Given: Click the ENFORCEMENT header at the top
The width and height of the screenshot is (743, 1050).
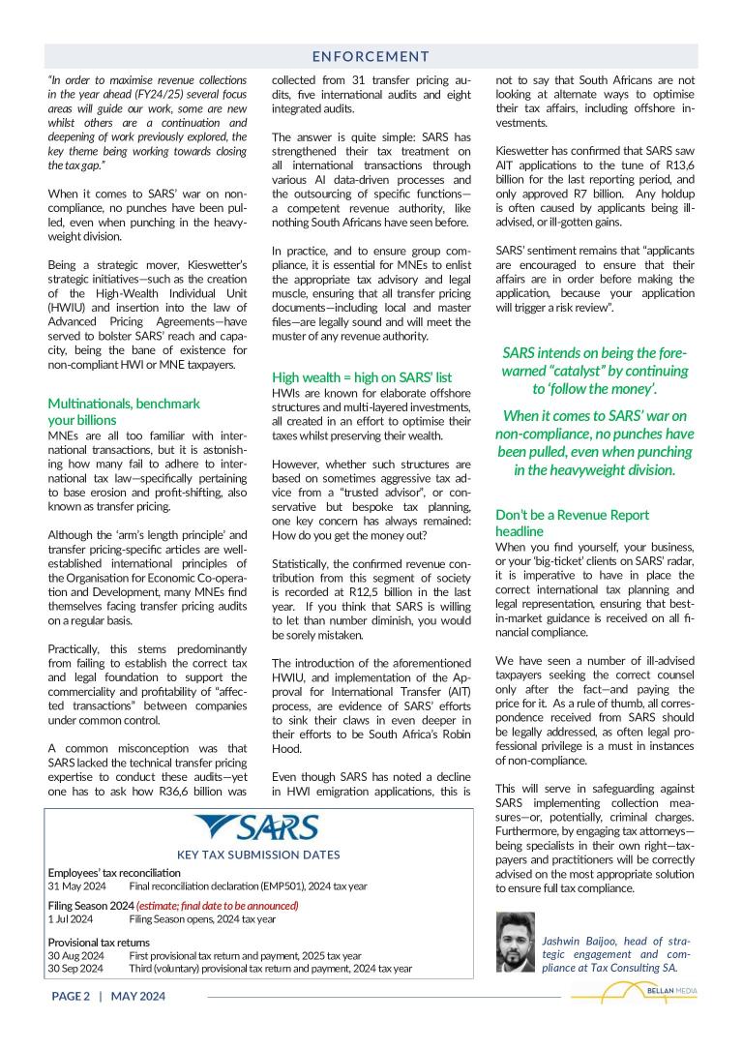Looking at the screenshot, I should [x=371, y=57].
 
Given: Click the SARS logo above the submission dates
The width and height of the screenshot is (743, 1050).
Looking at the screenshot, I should [x=257, y=829].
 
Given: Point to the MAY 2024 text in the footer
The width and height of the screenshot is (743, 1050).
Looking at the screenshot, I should [x=138, y=996].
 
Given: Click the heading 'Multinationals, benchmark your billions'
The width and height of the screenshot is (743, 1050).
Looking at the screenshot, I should [x=124, y=411].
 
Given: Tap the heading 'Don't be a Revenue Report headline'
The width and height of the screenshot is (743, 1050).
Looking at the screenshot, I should [x=572, y=523].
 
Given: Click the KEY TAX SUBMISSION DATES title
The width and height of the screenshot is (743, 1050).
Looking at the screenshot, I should [x=258, y=855].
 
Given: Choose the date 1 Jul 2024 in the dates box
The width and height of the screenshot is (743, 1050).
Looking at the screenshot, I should [x=71, y=919].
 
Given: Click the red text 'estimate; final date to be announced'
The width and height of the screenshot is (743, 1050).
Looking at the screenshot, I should [x=218, y=906].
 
